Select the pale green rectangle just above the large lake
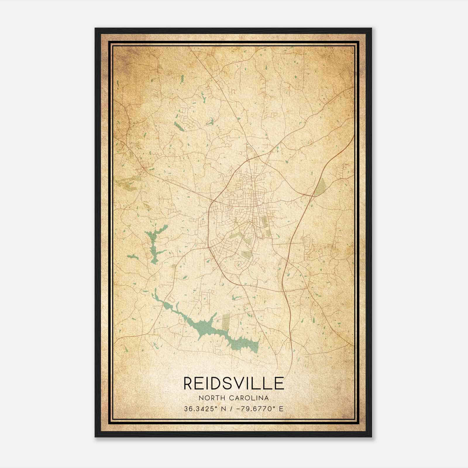click(226, 321)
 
